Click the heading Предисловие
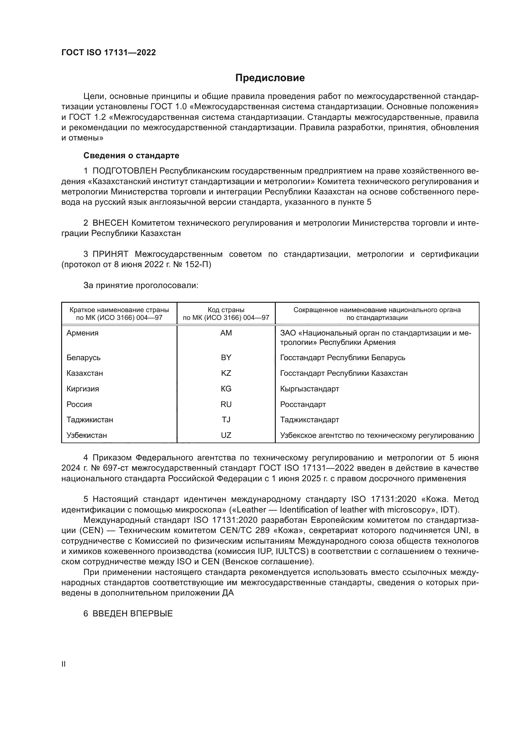tap(270, 78)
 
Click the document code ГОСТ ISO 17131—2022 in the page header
tap(109, 53)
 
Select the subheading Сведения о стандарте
tap(131, 155)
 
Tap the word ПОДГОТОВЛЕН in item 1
tap(124, 171)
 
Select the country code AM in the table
tap(226, 333)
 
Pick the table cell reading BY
tap(226, 357)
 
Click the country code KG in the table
tap(226, 389)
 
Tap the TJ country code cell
tap(226, 420)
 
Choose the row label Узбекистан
tap(86, 435)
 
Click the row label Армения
tap(82, 333)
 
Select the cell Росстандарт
tap(303, 404)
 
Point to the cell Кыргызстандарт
tap(309, 389)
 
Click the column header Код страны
tap(226, 310)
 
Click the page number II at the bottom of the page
tap(64, 664)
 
